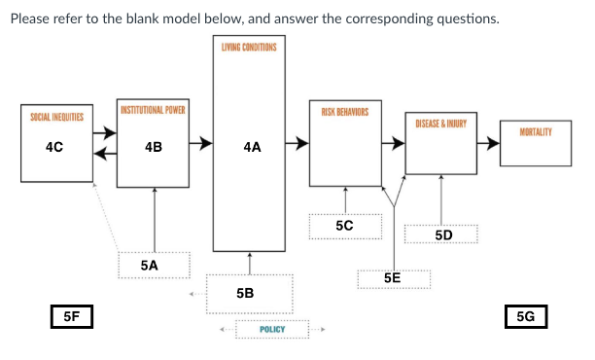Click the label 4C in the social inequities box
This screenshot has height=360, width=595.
point(54,147)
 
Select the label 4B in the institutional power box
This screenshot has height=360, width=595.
point(153,147)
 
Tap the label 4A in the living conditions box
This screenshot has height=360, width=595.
point(251,147)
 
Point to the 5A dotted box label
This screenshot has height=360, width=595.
point(149,264)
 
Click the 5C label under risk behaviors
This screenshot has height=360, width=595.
point(344,225)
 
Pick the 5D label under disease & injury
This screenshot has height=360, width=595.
point(443,235)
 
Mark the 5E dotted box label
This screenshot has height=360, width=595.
point(393,277)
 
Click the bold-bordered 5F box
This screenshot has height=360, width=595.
point(71,316)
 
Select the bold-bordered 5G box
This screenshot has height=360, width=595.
point(527,316)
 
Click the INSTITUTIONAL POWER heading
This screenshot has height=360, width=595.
point(153,108)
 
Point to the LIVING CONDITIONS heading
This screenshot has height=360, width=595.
point(251,48)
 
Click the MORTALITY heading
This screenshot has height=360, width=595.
point(537,131)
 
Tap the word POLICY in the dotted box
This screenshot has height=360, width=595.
point(272,330)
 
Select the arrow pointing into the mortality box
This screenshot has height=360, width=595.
point(489,147)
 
